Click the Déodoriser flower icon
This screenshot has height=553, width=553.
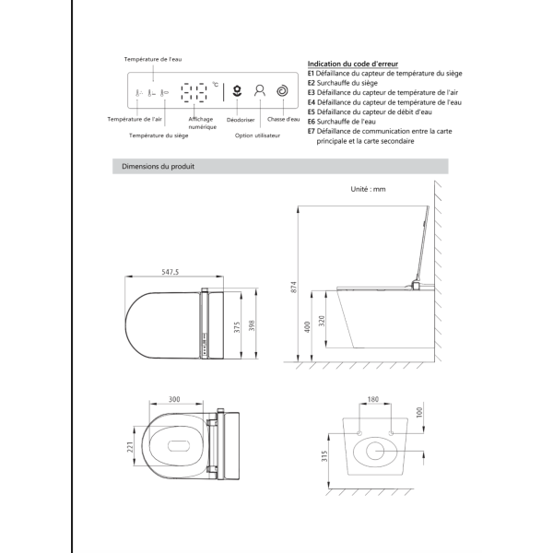pos(237,91)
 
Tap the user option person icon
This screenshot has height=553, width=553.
pos(260,91)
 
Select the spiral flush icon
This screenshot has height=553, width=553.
pos(283,91)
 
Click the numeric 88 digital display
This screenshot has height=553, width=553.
pos(195,92)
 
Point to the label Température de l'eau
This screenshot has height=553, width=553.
pos(153,59)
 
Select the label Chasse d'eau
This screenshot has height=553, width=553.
pos(283,120)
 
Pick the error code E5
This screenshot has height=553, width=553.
pos(312,112)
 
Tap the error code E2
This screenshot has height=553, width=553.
pos(312,83)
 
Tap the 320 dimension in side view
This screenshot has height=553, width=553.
pos(321,322)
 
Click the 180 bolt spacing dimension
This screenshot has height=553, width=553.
pos(373,401)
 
